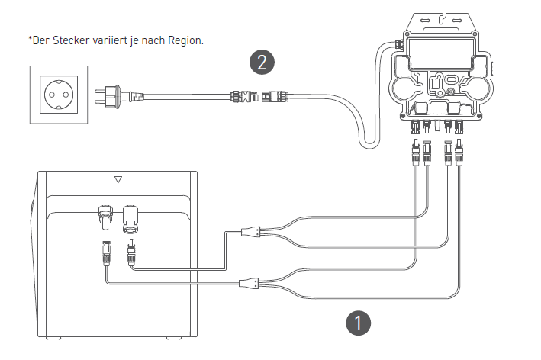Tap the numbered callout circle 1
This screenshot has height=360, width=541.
(358, 323)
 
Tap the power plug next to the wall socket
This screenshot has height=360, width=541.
(114, 96)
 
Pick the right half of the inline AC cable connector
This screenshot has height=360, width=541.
(269, 97)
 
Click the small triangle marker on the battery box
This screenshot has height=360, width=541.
(118, 181)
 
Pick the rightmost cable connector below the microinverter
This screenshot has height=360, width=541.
(459, 153)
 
